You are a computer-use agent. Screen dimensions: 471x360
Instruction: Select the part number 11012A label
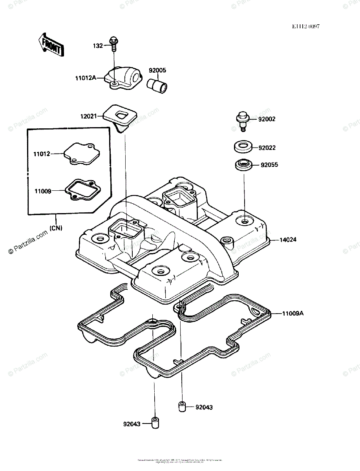point(86,78)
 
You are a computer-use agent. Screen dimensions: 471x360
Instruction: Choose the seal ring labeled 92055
point(243,164)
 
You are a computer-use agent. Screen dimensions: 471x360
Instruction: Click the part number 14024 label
point(289,239)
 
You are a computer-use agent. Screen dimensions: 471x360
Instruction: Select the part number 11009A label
point(293,314)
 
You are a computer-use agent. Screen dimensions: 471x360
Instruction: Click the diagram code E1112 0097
point(305,27)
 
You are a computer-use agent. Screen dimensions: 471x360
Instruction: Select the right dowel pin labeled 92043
point(182,407)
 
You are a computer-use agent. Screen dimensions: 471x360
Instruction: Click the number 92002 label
point(267,119)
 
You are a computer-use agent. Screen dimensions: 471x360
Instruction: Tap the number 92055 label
point(269,165)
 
